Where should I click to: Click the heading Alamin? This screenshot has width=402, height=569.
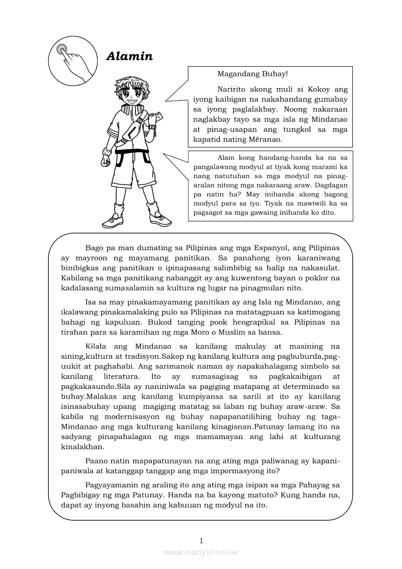[x=129, y=57]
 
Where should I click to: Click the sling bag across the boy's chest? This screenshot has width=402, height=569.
[x=133, y=131]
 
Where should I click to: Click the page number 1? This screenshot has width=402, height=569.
[x=201, y=540]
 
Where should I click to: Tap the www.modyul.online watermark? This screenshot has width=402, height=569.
[x=201, y=552]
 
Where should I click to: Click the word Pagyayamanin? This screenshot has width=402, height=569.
[x=113, y=485]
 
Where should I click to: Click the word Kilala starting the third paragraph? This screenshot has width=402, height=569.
[x=95, y=347]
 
